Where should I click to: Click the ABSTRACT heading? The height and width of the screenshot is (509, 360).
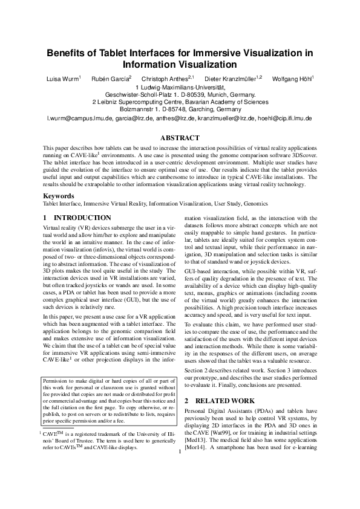tap(180, 138)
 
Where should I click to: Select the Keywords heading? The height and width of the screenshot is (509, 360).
tap(59, 196)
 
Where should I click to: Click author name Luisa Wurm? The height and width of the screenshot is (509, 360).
tap(62, 79)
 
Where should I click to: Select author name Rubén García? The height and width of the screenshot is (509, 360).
tap(110, 79)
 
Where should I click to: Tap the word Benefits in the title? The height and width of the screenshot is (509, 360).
tap(69, 53)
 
